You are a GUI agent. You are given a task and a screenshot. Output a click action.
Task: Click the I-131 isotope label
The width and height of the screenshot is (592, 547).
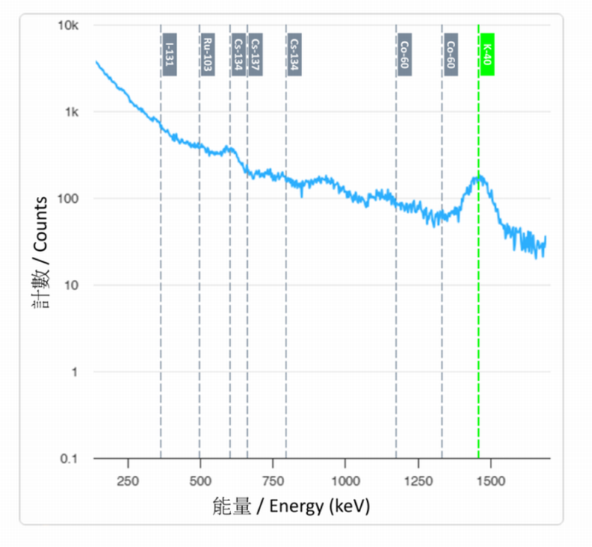pos(169,54)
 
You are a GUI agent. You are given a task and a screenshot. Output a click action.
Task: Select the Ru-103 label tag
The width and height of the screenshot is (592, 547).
pos(208,54)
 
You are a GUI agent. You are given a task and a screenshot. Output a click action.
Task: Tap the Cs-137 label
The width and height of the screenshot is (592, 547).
pos(255,54)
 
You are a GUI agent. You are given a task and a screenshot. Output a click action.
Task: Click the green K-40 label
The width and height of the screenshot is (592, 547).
pos(487,54)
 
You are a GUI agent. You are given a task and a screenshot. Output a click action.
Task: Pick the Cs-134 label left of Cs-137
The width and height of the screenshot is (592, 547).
pos(238,54)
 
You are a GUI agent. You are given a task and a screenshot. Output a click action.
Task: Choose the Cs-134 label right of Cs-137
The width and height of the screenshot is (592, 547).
pos(294,54)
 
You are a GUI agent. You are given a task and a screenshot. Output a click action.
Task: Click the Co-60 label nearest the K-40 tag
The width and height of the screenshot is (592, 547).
pos(450,54)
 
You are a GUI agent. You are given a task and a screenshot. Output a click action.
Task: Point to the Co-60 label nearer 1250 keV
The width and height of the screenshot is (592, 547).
pos(404,54)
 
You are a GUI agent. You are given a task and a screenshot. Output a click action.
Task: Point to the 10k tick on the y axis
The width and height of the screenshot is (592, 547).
pos(69,26)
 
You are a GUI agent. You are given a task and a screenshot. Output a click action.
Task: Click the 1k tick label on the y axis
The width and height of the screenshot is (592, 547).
pos(72,113)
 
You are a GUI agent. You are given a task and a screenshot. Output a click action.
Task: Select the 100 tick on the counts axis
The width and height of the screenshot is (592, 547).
pos(70,198)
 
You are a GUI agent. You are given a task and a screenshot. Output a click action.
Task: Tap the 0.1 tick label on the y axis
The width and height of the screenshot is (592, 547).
pos(70,459)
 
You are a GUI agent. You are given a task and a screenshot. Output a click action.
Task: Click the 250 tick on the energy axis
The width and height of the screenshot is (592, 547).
pos(128,480)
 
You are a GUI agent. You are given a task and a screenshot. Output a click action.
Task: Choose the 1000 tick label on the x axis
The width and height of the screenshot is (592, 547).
pos(345,480)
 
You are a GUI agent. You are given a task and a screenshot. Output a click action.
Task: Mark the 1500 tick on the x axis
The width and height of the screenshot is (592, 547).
pos(490,480)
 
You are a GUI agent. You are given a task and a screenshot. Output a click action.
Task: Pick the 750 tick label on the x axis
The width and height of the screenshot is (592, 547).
pos(273,480)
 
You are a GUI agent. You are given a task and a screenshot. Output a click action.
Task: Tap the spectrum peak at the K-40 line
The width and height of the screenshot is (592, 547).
pos(479,176)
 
